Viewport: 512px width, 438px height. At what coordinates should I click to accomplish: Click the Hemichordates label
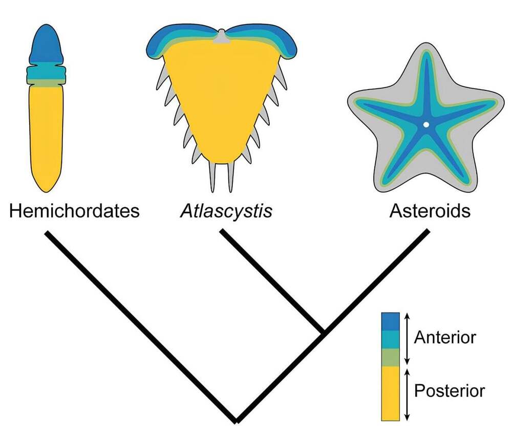74,211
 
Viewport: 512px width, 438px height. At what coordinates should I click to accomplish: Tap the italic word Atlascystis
226,211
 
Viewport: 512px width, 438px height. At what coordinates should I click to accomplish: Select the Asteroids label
430,211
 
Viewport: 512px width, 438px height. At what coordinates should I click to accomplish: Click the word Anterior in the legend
445,337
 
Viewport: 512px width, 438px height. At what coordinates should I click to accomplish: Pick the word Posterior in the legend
450,391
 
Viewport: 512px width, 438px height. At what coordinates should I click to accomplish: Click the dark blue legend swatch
391,322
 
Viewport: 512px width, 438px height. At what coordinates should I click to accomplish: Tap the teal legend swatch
391,340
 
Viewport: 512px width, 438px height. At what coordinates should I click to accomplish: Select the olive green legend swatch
391,357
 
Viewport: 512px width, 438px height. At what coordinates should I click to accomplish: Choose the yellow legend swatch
391,393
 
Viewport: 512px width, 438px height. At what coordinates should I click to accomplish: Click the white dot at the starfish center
426,124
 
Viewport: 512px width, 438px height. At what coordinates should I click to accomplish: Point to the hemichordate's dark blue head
47,45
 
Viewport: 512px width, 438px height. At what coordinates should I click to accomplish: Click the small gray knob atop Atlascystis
222,37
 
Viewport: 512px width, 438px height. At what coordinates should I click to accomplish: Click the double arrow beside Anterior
407,339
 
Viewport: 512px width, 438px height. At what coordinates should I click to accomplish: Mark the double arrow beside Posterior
407,395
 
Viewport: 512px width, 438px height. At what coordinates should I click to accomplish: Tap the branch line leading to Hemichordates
141,326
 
